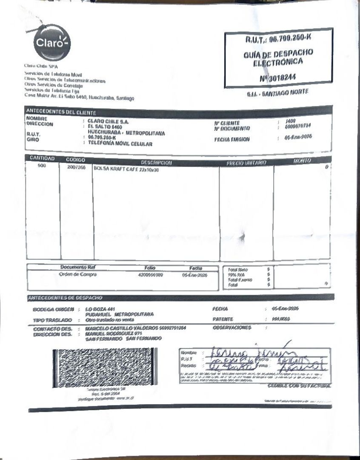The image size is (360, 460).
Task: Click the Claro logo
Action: coord(52,43)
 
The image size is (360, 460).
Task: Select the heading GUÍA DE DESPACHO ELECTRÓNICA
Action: coord(278,57)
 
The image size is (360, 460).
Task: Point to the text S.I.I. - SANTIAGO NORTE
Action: coord(277,93)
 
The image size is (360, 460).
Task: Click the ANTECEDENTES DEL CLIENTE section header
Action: coord(62,112)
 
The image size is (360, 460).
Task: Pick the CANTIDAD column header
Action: coord(42,158)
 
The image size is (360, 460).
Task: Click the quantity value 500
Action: coord(42,166)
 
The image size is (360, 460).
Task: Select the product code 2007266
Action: coord(76,167)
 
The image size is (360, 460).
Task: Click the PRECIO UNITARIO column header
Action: coord(246,163)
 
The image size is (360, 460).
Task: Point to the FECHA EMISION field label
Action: coord(232,139)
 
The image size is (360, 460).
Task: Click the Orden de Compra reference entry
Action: coord(77,275)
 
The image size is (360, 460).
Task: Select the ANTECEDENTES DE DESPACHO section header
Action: coord(65,297)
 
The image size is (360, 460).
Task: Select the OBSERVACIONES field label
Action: coord(232,328)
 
